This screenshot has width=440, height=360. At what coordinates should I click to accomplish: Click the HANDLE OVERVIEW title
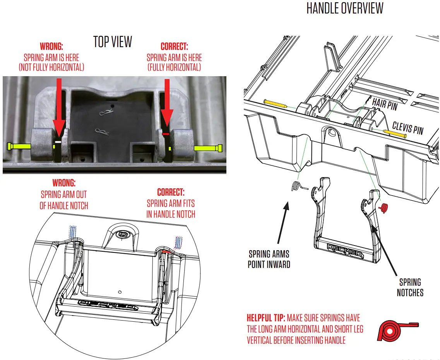pyautogui.click(x=345, y=8)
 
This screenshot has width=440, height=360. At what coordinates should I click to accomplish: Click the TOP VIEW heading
pyautogui.click(x=113, y=42)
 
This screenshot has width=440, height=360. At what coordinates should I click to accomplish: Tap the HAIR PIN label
pyautogui.click(x=385, y=103)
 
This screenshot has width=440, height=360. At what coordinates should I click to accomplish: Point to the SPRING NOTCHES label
pyautogui.click(x=410, y=287)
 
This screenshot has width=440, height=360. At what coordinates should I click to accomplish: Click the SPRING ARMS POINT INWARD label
pyautogui.click(x=269, y=259)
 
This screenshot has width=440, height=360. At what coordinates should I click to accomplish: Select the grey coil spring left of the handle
pyautogui.click(x=296, y=186)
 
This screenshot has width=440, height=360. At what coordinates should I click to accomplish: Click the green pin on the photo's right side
pyautogui.click(x=209, y=148)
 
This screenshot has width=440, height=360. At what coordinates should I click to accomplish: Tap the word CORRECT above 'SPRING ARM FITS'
pyautogui.click(x=171, y=192)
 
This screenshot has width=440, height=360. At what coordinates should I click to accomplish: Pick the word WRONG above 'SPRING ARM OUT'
pyautogui.click(x=64, y=183)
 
